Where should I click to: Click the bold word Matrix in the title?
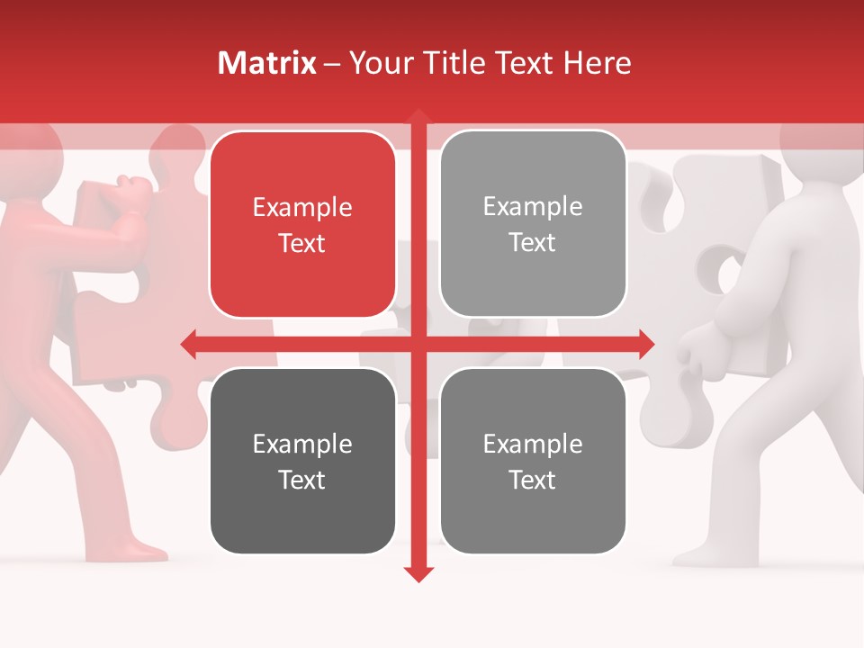tap(267, 63)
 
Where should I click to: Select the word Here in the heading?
tap(597, 63)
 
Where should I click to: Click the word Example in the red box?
tap(302, 208)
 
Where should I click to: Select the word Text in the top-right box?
tap(533, 243)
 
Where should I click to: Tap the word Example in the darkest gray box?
tap(302, 444)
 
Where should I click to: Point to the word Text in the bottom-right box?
tap(533, 480)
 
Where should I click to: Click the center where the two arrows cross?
tap(418, 343)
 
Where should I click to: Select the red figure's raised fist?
tap(133, 190)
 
